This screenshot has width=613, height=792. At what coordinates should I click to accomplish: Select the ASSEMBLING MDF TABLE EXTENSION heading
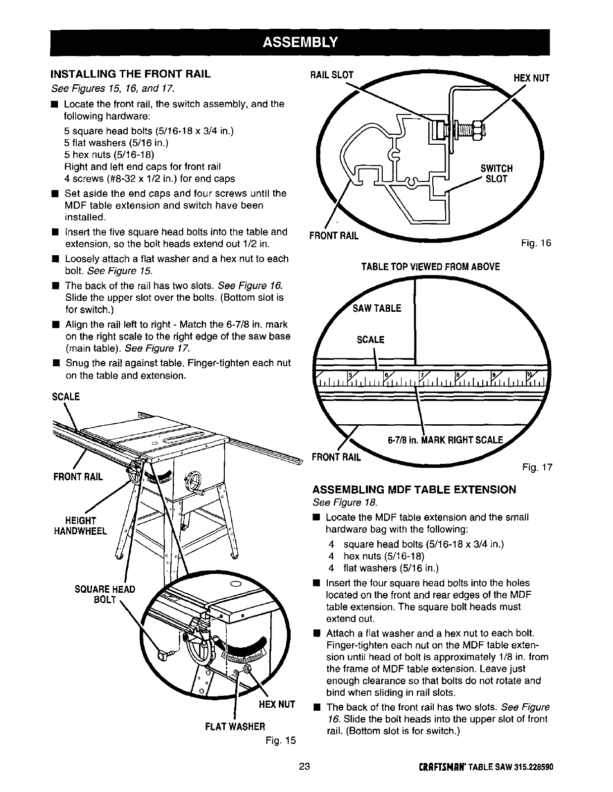click(x=414, y=490)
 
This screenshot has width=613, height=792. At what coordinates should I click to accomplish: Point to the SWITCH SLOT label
click(x=496, y=173)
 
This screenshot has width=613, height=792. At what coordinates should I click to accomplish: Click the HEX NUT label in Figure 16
click(x=531, y=78)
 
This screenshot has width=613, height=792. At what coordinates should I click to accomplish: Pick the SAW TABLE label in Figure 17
click(x=377, y=309)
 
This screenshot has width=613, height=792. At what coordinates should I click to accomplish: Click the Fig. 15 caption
click(x=280, y=740)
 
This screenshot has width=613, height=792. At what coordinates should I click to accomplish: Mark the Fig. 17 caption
click(x=537, y=467)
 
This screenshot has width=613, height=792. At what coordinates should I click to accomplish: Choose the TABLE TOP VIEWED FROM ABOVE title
click(x=430, y=267)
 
